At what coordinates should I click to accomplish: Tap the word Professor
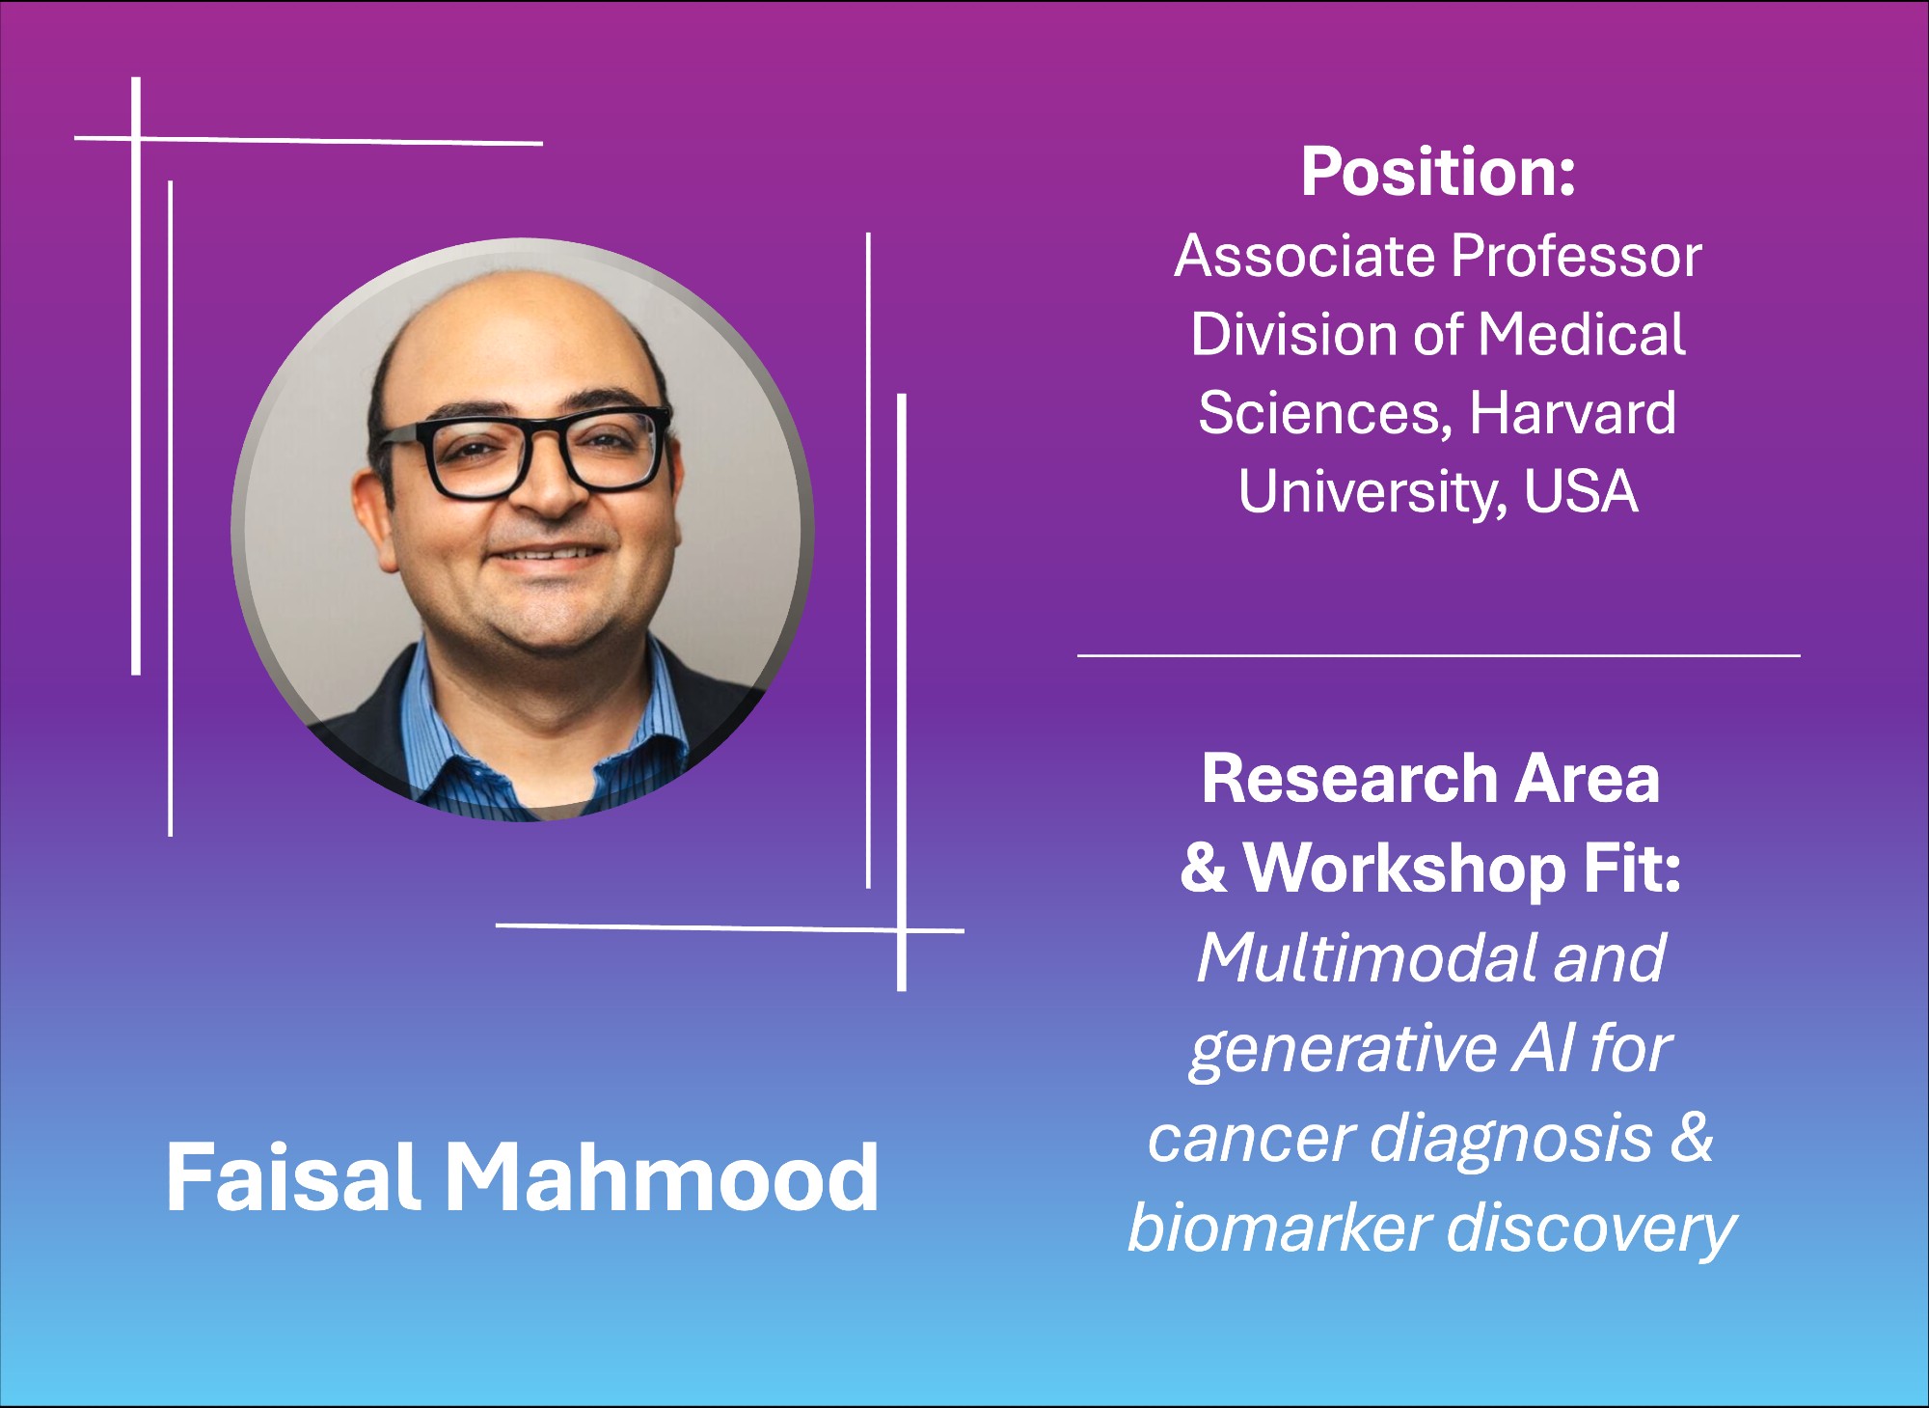click(x=1576, y=257)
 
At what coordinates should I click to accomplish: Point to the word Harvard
click(x=1573, y=413)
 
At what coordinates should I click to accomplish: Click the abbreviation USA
click(x=1581, y=491)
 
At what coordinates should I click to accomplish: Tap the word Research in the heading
click(x=1348, y=779)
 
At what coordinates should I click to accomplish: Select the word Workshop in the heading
click(x=1404, y=869)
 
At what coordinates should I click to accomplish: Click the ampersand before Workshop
click(x=1204, y=868)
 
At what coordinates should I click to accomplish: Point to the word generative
click(x=1343, y=1050)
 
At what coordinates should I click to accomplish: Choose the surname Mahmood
click(x=662, y=1177)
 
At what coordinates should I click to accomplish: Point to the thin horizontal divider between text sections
click(x=1438, y=655)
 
